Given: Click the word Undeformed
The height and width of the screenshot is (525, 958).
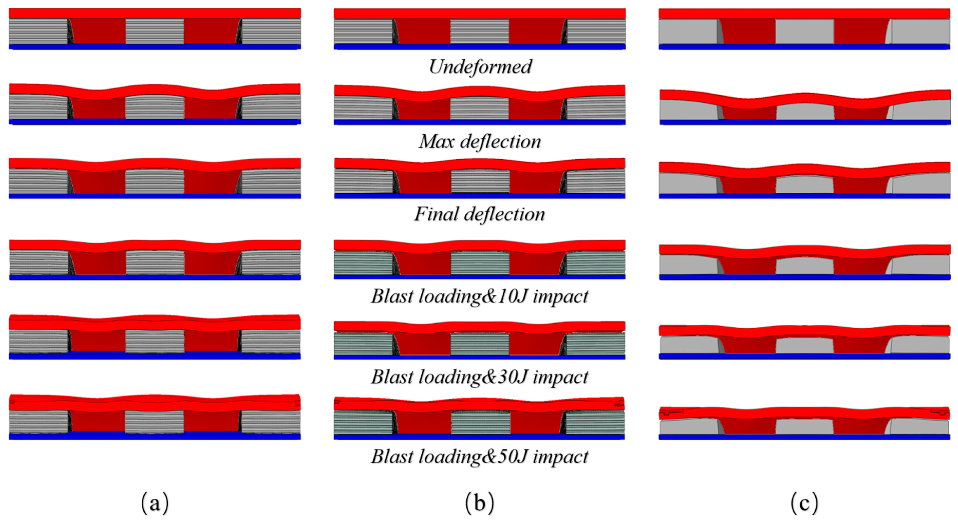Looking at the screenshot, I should (480, 67).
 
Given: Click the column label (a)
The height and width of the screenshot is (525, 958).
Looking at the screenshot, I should (155, 503).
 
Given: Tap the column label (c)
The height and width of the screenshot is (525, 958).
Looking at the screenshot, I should (804, 503).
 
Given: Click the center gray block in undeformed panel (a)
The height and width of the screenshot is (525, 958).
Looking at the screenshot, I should (155, 31).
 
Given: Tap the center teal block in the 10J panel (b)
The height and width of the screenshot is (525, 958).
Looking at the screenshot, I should (480, 263).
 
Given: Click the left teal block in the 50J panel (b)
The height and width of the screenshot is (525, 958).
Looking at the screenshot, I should (363, 422).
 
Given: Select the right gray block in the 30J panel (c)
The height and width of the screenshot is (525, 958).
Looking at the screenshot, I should (920, 345).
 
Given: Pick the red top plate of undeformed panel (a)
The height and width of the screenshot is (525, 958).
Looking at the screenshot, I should (155, 13).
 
